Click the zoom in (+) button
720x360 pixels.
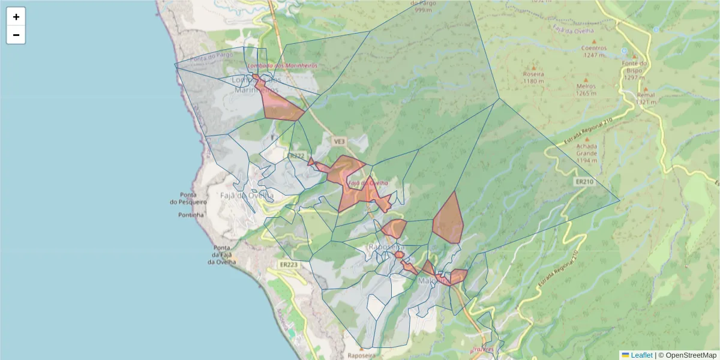(16, 17)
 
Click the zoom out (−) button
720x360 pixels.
(16, 35)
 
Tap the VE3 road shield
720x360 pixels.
(339, 142)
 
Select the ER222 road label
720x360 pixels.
(296, 155)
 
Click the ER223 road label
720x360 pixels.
(289, 265)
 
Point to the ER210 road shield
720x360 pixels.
(584, 181)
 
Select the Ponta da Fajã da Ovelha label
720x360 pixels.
(222, 255)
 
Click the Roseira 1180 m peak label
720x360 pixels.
(533, 77)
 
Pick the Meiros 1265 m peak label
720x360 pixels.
(586, 89)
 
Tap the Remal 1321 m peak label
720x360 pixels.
(646, 98)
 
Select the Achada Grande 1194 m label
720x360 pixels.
(586, 153)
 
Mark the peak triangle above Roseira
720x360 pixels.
(533, 68)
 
